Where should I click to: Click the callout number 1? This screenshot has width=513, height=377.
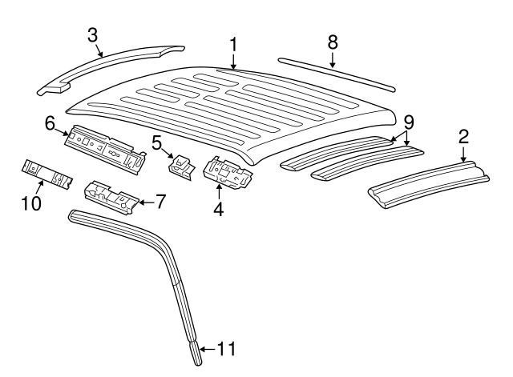[x=233, y=44]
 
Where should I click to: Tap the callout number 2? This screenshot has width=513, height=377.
[x=463, y=136]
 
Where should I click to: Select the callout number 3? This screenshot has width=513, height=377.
[x=94, y=34]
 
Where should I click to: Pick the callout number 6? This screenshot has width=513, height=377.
[x=50, y=123]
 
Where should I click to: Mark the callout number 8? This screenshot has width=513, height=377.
[x=332, y=42]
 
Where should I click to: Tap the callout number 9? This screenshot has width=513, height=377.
[x=409, y=122]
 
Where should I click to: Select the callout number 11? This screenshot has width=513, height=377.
[x=228, y=349]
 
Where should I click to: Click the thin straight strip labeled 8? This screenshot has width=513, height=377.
[x=337, y=73]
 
